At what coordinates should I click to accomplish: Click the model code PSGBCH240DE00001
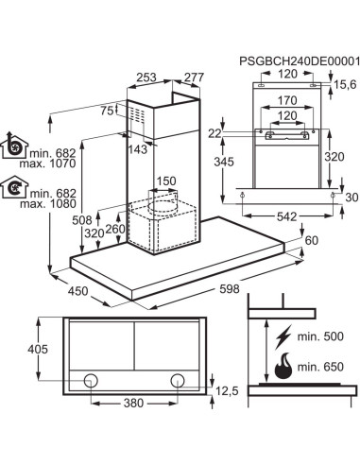pos(300,61)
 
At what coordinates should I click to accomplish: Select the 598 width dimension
pos(230,289)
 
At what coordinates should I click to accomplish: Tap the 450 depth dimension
pos(78,291)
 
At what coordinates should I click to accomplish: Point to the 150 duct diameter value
pos(166,181)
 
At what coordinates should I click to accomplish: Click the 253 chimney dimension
pos(146,77)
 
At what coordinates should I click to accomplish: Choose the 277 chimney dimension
pos(194,77)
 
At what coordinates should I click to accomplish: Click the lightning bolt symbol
pos(283,337)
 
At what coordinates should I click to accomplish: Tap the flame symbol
pos(283,366)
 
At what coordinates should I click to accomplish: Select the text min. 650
pos(320,367)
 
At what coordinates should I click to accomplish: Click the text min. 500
pos(320,336)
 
